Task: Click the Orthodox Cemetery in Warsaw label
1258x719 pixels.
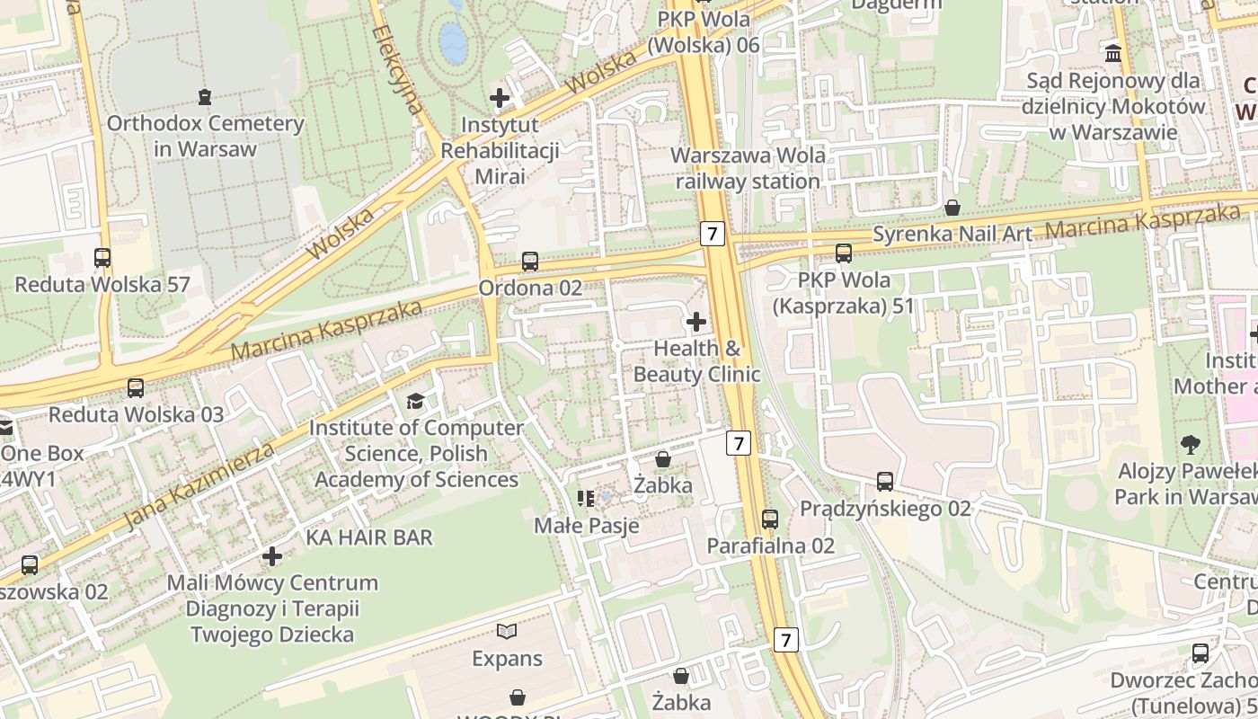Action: (205, 136)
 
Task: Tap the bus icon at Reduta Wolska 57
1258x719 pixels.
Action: (102, 258)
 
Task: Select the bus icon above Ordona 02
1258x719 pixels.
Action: (530, 262)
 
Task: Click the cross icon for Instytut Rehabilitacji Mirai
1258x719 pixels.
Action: (500, 97)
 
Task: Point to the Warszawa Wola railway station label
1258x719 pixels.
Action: (748, 168)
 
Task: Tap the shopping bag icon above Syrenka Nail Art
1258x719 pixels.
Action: (952, 209)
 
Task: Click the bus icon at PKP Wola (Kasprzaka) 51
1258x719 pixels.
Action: (843, 253)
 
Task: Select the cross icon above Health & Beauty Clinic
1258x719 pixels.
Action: (695, 321)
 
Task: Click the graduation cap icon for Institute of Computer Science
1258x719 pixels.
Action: (415, 401)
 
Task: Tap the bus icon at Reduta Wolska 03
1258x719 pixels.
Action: (136, 388)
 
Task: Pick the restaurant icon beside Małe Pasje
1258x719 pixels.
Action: (586, 498)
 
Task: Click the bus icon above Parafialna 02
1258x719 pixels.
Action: (770, 519)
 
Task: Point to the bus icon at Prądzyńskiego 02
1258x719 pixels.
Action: (885, 482)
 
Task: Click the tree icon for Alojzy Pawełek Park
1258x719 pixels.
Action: (1191, 444)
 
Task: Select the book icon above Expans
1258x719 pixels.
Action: (507, 632)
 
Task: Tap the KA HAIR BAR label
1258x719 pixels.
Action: (369, 537)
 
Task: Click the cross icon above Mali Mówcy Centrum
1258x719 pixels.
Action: (272, 556)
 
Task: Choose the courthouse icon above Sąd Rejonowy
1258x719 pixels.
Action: (1114, 54)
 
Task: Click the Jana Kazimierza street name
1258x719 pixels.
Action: (199, 485)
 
